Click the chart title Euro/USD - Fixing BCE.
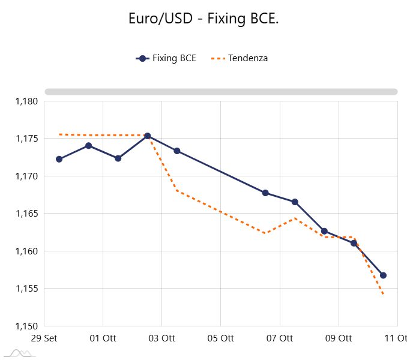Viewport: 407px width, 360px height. (x=203, y=19)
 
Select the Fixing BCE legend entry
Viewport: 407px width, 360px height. (x=166, y=58)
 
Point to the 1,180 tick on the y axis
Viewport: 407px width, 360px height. (x=26, y=101)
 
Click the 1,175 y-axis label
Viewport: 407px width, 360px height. (x=26, y=139)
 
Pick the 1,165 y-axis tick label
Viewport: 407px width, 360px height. (x=26, y=214)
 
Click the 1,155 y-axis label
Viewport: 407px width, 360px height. (x=26, y=289)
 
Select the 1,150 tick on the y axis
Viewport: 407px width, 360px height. (x=26, y=326)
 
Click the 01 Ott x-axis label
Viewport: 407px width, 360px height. (x=103, y=338)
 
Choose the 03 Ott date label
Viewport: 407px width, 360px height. (x=161, y=338)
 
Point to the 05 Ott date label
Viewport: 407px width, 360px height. (x=220, y=338)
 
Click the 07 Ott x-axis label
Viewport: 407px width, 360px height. (x=279, y=338)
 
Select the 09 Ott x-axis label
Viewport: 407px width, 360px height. (x=338, y=338)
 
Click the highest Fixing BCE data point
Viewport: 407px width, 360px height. (x=148, y=136)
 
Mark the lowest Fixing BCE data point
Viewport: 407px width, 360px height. (x=383, y=275)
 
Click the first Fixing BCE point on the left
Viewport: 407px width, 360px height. (x=59, y=159)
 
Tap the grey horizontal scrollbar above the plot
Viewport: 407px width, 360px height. (x=221, y=92)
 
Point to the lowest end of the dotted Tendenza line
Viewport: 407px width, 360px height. (x=383, y=295)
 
